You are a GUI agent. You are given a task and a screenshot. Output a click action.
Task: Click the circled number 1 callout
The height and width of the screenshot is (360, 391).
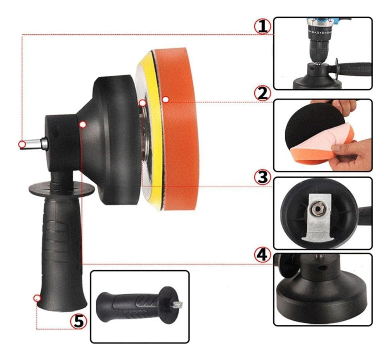(x=262, y=27)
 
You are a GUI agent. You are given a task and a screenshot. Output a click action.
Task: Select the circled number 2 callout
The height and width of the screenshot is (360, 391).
(x=262, y=94)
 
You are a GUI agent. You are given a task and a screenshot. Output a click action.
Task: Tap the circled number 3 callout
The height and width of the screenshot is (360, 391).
(x=262, y=177)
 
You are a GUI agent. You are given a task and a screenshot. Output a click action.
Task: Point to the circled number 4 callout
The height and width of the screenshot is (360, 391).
(x=262, y=255)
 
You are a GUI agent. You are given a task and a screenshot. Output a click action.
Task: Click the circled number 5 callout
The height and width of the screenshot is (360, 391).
(x=78, y=321)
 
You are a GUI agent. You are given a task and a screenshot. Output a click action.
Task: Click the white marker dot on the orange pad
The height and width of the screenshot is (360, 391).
(x=165, y=99)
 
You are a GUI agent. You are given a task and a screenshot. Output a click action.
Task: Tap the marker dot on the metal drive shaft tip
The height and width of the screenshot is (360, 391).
(x=22, y=144)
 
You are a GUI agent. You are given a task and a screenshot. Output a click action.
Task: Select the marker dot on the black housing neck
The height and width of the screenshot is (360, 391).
(x=83, y=124)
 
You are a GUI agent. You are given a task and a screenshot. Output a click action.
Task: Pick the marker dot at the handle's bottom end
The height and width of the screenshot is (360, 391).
(x=37, y=298)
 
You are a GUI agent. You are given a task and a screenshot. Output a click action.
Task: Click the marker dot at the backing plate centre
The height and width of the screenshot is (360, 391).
(x=142, y=103)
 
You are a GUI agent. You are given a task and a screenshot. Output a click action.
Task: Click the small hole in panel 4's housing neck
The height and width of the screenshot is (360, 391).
(x=323, y=268)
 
